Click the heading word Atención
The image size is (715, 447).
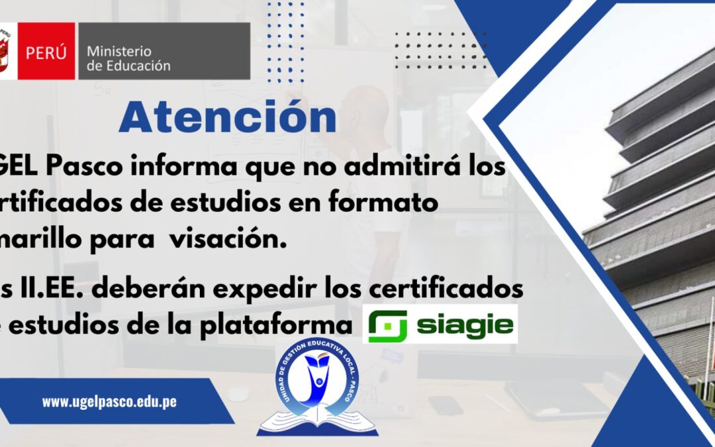(x=227, y=118)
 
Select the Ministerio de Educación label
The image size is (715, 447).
(x=128, y=58)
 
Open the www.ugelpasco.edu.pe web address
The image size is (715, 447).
(x=109, y=401)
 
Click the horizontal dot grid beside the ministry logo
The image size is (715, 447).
(x=438, y=50)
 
